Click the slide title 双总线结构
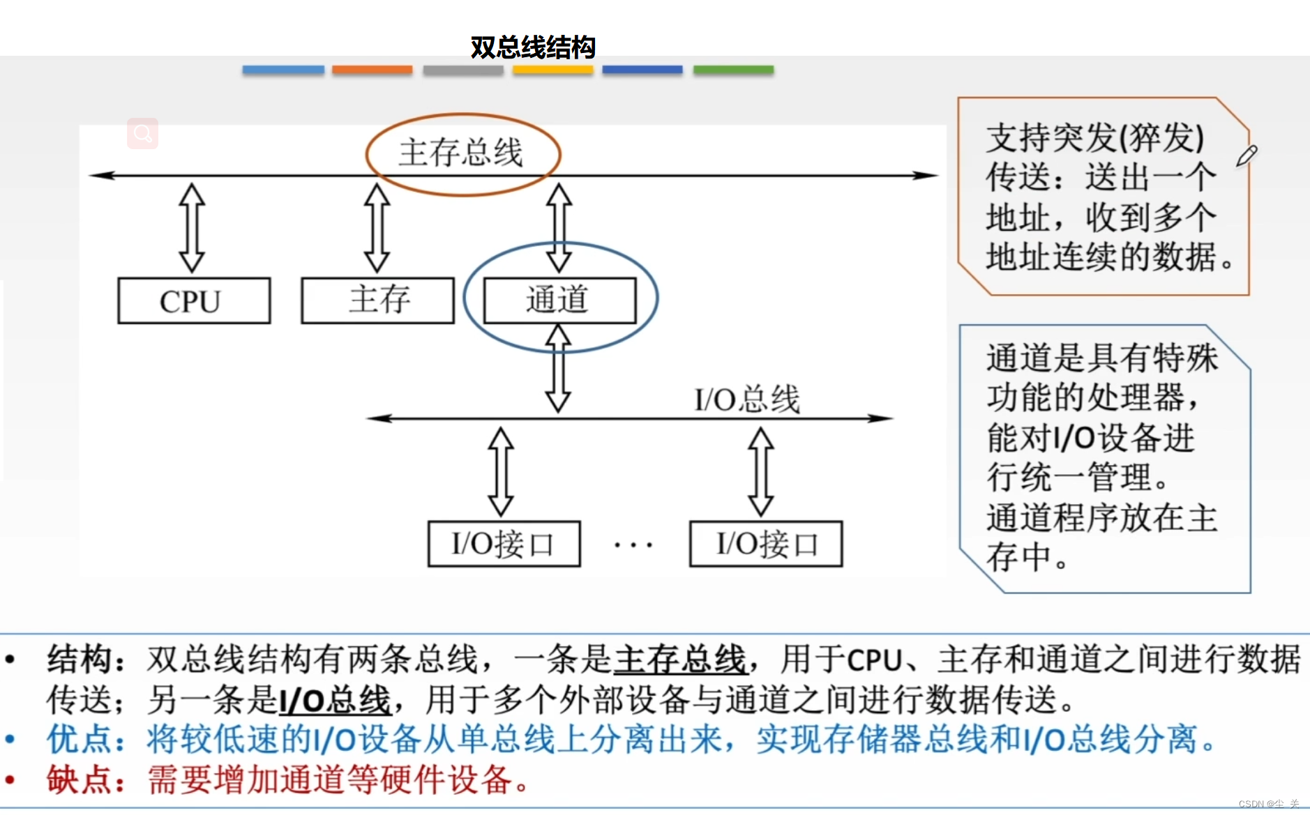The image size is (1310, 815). (x=532, y=47)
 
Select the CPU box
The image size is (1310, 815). (x=194, y=300)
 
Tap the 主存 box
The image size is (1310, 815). (x=377, y=300)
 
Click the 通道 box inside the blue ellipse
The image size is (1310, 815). (x=559, y=300)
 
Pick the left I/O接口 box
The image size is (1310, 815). (x=504, y=544)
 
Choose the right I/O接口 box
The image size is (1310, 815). (x=765, y=544)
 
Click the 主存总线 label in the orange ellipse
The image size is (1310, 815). (x=461, y=153)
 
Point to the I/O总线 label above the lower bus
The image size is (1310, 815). (x=747, y=399)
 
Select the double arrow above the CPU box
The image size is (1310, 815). (x=192, y=227)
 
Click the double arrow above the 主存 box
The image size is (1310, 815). (x=377, y=227)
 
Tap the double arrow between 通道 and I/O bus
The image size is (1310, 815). (x=558, y=370)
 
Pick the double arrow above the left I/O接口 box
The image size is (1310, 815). (x=501, y=471)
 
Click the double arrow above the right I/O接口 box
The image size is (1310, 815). (x=760, y=471)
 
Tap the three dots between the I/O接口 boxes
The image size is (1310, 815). (x=633, y=544)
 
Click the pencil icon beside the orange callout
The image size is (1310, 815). (x=1247, y=155)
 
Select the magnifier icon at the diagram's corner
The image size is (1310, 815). (x=143, y=133)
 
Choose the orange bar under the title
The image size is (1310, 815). (x=372, y=70)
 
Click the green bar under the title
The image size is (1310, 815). (x=733, y=70)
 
